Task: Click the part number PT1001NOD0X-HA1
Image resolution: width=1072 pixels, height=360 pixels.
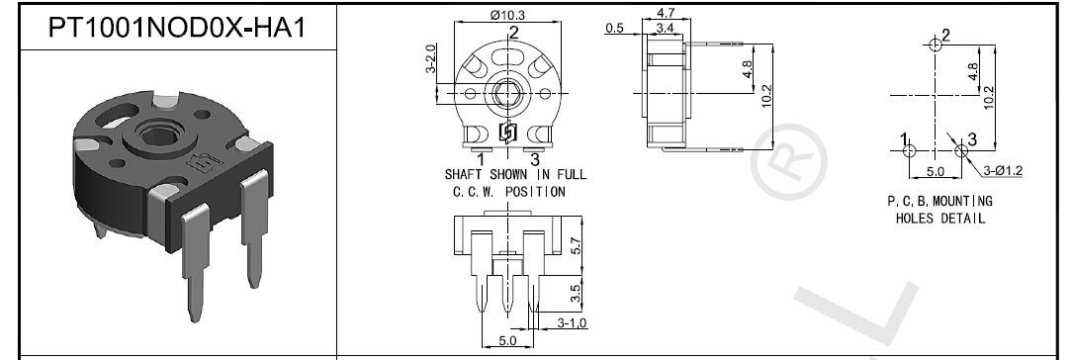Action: click(x=169, y=29)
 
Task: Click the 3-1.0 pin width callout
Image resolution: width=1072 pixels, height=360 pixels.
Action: click(x=572, y=323)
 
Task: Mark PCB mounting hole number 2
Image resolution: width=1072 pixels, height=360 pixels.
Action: click(x=936, y=45)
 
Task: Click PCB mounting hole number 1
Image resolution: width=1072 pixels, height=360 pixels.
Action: click(x=910, y=150)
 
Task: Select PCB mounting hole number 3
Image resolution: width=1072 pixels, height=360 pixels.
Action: click(x=960, y=150)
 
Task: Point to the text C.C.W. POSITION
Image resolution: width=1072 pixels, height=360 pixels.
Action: click(x=508, y=190)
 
